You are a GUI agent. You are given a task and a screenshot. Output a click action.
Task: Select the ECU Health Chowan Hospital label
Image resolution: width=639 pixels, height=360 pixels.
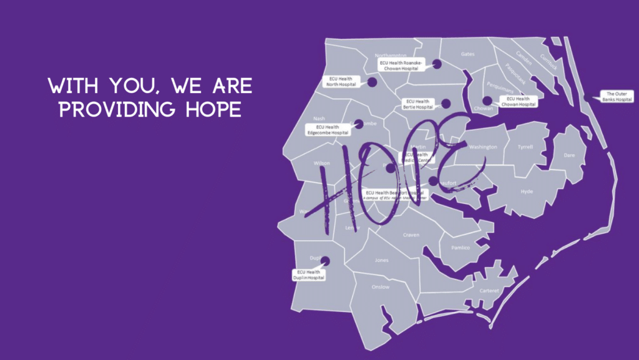[518, 102]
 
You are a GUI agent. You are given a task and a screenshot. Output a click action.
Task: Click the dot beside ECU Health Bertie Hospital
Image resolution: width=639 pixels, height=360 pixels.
[446, 104]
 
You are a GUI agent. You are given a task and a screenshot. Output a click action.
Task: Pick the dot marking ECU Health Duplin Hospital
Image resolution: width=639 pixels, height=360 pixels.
[324, 261]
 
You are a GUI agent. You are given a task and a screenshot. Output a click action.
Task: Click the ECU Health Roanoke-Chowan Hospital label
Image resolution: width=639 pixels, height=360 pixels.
[401, 66]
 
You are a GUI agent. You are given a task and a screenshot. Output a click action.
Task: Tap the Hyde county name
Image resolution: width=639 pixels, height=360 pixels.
[527, 192]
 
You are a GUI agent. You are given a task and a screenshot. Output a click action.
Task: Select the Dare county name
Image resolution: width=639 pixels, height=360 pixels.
[568, 155]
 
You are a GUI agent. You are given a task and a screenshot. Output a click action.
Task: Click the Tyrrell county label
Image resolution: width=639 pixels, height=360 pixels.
[525, 147]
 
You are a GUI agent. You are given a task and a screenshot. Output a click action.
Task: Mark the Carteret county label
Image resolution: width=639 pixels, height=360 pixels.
[489, 291]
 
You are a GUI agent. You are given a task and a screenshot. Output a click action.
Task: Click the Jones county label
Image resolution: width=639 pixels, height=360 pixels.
[381, 260]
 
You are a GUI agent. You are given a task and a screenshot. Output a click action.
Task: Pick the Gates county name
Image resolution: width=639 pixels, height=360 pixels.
[467, 54]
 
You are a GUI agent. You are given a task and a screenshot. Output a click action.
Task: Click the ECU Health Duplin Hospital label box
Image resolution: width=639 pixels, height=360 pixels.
[309, 275]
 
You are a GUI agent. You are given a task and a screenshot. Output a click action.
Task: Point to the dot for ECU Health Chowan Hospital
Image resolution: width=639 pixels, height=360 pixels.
[487, 100]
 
